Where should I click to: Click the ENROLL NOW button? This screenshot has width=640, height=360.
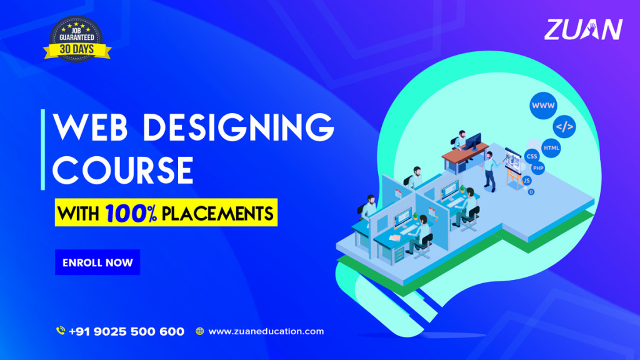pyautogui.click(x=97, y=262)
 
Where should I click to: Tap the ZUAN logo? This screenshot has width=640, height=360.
pyautogui.click(x=583, y=29)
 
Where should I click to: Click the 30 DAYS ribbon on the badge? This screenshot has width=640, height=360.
pyautogui.click(x=77, y=50)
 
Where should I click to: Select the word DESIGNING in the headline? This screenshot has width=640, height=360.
pyautogui.click(x=239, y=127)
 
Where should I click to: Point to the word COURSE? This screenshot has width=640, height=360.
pyautogui.click(x=123, y=171)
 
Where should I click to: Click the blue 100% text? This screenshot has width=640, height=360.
pyautogui.click(x=131, y=213)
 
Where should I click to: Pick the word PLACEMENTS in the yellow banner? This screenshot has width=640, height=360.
pyautogui.click(x=217, y=214)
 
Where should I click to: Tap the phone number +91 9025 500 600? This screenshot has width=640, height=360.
pyautogui.click(x=126, y=331)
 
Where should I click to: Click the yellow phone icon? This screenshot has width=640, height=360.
pyautogui.click(x=61, y=331)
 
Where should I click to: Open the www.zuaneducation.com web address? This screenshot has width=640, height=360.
pyautogui.click(x=266, y=331)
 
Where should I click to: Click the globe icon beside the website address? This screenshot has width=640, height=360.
pyautogui.click(x=199, y=331)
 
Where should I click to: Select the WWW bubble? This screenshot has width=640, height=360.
pyautogui.click(x=543, y=106)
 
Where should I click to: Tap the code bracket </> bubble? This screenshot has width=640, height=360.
pyautogui.click(x=564, y=126)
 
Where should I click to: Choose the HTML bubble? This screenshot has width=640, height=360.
pyautogui.click(x=551, y=147)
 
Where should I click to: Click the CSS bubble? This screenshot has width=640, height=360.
pyautogui.click(x=532, y=156)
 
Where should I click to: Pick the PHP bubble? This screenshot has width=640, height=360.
pyautogui.click(x=538, y=168)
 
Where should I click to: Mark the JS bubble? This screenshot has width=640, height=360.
pyautogui.click(x=526, y=181)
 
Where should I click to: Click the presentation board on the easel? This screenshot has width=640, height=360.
pyautogui.click(x=512, y=159)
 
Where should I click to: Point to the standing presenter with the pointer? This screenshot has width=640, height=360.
pyautogui.click(x=490, y=171)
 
